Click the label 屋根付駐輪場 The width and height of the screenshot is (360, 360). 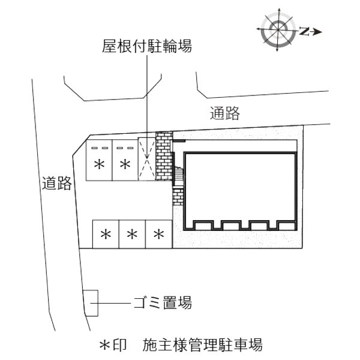147,46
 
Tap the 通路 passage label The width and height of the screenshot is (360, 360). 225,113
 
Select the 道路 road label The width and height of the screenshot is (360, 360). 57,183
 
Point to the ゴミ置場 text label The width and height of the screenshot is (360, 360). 163,302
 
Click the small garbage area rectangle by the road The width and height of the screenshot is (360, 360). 91,303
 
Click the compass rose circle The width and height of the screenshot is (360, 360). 278,29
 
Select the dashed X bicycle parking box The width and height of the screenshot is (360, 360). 147,159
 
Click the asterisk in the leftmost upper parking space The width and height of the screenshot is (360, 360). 100,164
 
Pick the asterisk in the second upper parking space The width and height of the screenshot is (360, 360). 125,164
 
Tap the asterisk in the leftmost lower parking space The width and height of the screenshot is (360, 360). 106,235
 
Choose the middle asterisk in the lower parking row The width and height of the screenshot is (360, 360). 132,235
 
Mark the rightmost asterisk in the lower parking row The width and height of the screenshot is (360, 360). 159,235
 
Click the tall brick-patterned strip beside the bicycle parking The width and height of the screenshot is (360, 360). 164,156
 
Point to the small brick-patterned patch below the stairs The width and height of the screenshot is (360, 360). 178,197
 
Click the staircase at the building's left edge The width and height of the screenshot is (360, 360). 179,176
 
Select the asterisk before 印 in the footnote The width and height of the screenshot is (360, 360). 104,345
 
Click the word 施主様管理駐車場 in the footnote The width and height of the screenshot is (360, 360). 202,344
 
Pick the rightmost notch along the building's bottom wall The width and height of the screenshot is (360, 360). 286,226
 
